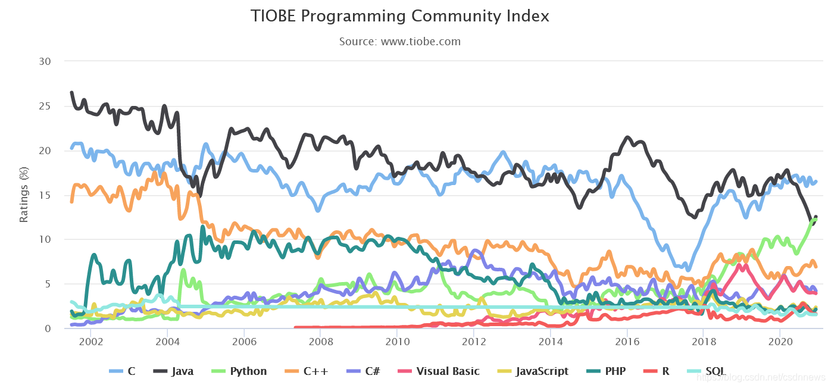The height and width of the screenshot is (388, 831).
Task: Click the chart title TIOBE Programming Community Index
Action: click(400, 16)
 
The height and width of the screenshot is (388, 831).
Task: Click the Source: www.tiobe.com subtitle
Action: click(400, 42)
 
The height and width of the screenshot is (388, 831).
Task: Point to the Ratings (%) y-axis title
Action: click(24, 195)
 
